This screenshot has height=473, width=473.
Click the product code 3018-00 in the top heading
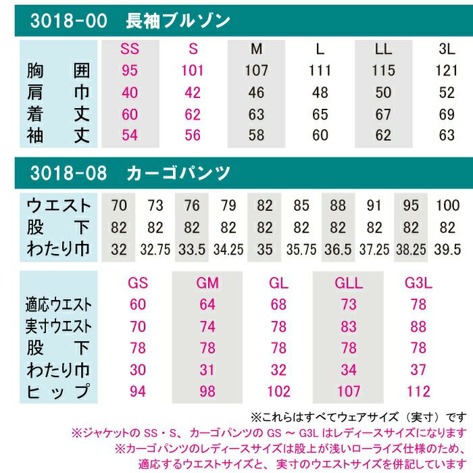pos(68,21)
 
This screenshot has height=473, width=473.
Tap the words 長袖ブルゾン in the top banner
pos(178,21)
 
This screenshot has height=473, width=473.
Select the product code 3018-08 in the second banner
pos(68,172)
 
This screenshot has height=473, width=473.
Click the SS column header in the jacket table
pos(129,49)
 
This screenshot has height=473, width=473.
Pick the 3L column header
pos(447,49)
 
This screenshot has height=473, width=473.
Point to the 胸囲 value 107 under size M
pos(257,70)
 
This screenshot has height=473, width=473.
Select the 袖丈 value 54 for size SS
pos(129,135)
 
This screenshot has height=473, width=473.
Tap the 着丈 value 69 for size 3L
pos(447,114)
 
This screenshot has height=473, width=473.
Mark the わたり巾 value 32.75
pos(155,249)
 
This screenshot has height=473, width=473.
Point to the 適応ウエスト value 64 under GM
pos(208,305)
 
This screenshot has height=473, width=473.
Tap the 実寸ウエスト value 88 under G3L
pos(418,327)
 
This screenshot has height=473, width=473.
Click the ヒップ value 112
pos(418,392)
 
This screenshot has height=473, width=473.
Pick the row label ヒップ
pos(58,392)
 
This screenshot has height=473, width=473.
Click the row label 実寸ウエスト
pos(58,327)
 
